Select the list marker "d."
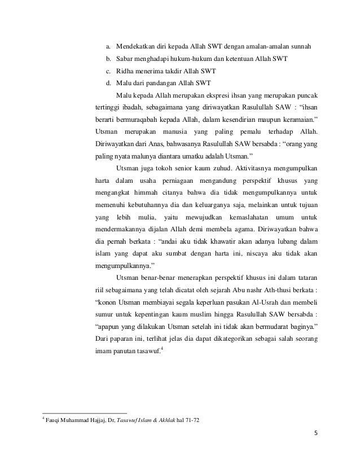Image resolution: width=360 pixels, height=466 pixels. click(108, 83)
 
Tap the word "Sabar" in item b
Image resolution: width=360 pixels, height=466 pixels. click(126, 59)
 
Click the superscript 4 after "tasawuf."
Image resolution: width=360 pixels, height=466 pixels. click(163, 351)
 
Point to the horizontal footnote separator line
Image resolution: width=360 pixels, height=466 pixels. click(85, 414)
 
